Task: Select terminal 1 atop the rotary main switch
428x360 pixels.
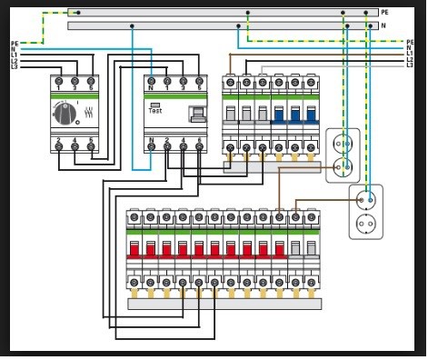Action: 58,83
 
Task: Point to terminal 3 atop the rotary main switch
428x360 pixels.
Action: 75,83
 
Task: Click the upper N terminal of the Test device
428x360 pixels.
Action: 151,83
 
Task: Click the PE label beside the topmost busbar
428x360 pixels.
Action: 385,12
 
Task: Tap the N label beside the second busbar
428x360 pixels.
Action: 384,26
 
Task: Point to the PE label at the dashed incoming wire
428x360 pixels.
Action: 14,43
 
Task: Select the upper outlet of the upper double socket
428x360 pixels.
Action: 343,143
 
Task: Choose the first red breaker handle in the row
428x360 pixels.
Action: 134,249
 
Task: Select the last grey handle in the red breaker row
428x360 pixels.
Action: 311,249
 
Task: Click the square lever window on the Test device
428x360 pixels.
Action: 196,114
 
